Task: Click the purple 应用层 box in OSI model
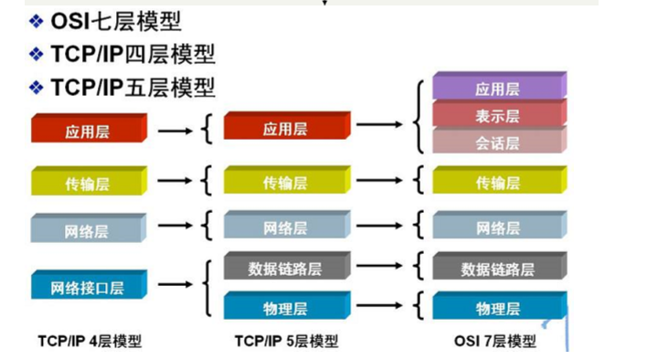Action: point(498,90)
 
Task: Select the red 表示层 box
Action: point(498,116)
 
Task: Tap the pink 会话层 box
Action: point(498,143)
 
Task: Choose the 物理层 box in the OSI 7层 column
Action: point(498,308)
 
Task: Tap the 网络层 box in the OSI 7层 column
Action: point(498,228)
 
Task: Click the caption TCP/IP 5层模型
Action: point(286,342)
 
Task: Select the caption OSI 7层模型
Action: point(494,342)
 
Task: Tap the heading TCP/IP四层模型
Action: point(133,54)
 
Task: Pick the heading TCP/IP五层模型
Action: point(133,88)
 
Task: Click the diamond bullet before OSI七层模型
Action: point(36,21)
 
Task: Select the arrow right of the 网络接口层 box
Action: point(176,286)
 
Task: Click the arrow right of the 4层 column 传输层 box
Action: point(176,181)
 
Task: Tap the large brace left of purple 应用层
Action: point(419,116)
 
